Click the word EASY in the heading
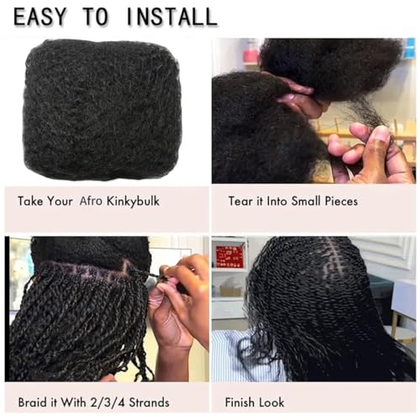40,15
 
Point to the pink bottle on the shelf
251,53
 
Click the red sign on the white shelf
229,256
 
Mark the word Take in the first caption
31,202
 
